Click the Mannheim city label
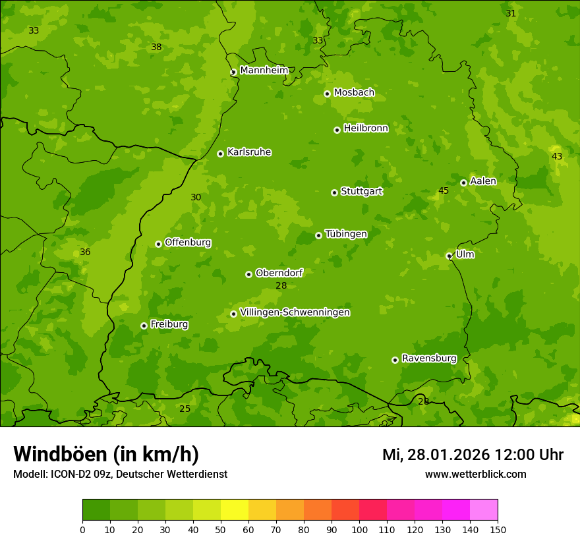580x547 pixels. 264,71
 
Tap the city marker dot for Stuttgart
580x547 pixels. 334,192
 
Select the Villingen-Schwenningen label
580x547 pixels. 295,312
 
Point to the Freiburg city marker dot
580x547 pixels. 144,326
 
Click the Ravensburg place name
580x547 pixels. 429,359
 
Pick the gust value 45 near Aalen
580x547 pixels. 444,191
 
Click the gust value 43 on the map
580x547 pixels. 557,156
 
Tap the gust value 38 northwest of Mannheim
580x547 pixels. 156,47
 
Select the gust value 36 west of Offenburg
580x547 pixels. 85,252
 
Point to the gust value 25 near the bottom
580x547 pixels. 185,409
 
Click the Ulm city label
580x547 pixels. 465,254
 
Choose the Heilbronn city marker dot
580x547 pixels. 337,130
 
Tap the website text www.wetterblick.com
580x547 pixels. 475,475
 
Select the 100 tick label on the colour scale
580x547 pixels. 359,529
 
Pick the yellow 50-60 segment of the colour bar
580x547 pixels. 235,510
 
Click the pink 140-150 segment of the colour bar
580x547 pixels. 484,510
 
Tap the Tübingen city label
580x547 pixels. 346,234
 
